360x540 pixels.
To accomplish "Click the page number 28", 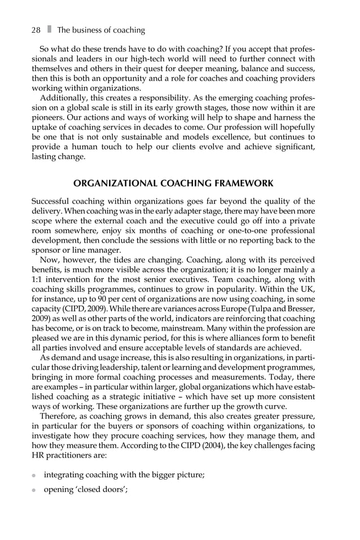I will (37, 30).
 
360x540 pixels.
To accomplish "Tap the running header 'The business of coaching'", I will (101, 30).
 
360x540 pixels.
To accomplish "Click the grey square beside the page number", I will (49, 30).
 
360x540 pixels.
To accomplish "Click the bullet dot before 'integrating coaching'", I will (34, 476).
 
